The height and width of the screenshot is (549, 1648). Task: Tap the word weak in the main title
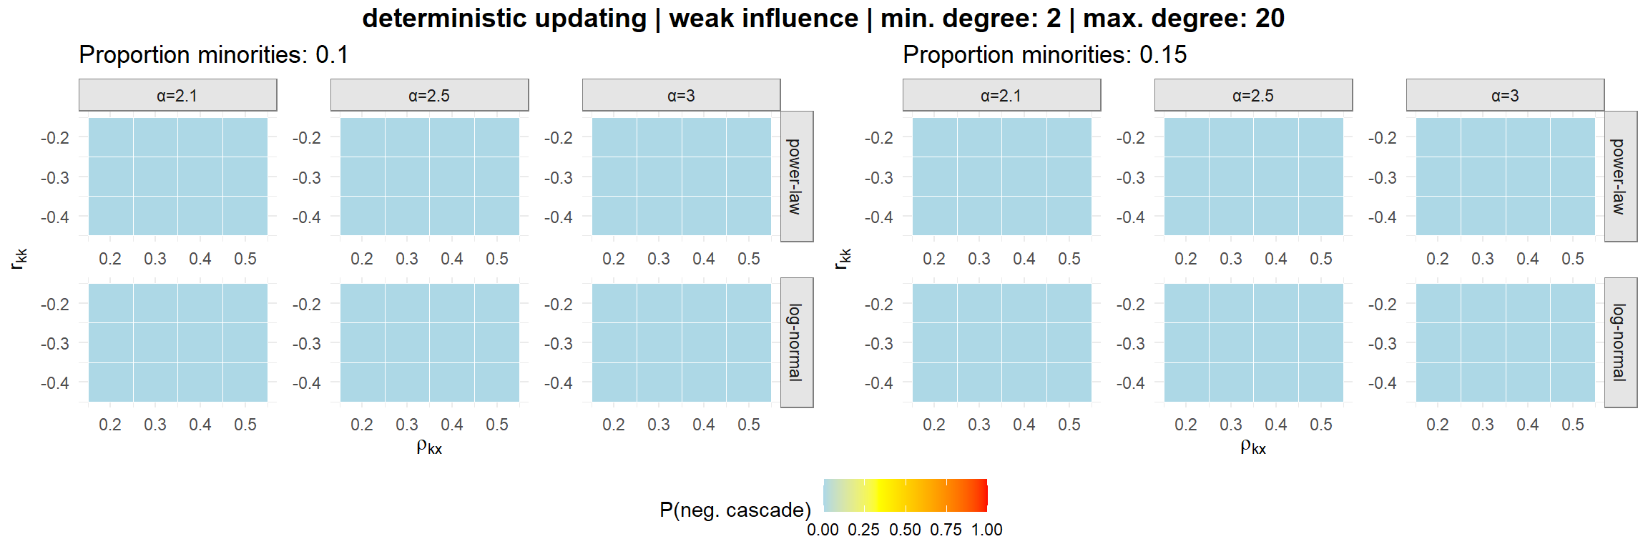click(x=700, y=19)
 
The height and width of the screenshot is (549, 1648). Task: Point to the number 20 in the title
click(x=1270, y=19)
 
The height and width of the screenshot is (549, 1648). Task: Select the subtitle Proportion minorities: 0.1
click(x=213, y=55)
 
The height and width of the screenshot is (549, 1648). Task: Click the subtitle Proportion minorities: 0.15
click(x=1044, y=55)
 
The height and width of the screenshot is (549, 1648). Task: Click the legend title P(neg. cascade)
click(x=735, y=510)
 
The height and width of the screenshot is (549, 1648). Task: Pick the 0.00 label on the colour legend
click(x=823, y=530)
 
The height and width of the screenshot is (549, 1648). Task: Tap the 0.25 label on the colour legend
click(x=863, y=530)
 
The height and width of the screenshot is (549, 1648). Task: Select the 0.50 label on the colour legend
click(x=905, y=530)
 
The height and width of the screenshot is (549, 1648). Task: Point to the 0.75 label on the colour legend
click(x=946, y=530)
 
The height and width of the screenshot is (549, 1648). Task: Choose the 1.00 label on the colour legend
click(x=987, y=530)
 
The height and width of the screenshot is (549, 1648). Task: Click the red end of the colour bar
click(x=983, y=495)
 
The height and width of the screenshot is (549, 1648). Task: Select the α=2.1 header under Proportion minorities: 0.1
click(x=177, y=96)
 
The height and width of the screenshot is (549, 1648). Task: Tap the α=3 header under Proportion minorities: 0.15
click(x=1505, y=96)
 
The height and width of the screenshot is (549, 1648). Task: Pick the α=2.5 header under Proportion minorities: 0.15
click(x=1253, y=96)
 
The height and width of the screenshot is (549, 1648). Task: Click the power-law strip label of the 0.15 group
click(x=1620, y=177)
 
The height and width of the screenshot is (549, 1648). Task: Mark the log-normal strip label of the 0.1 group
click(x=796, y=342)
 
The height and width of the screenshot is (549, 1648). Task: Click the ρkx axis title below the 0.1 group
click(x=429, y=447)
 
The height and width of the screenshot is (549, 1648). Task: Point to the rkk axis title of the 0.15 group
click(x=843, y=258)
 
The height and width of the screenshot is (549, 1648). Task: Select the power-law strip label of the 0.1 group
click(x=796, y=177)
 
